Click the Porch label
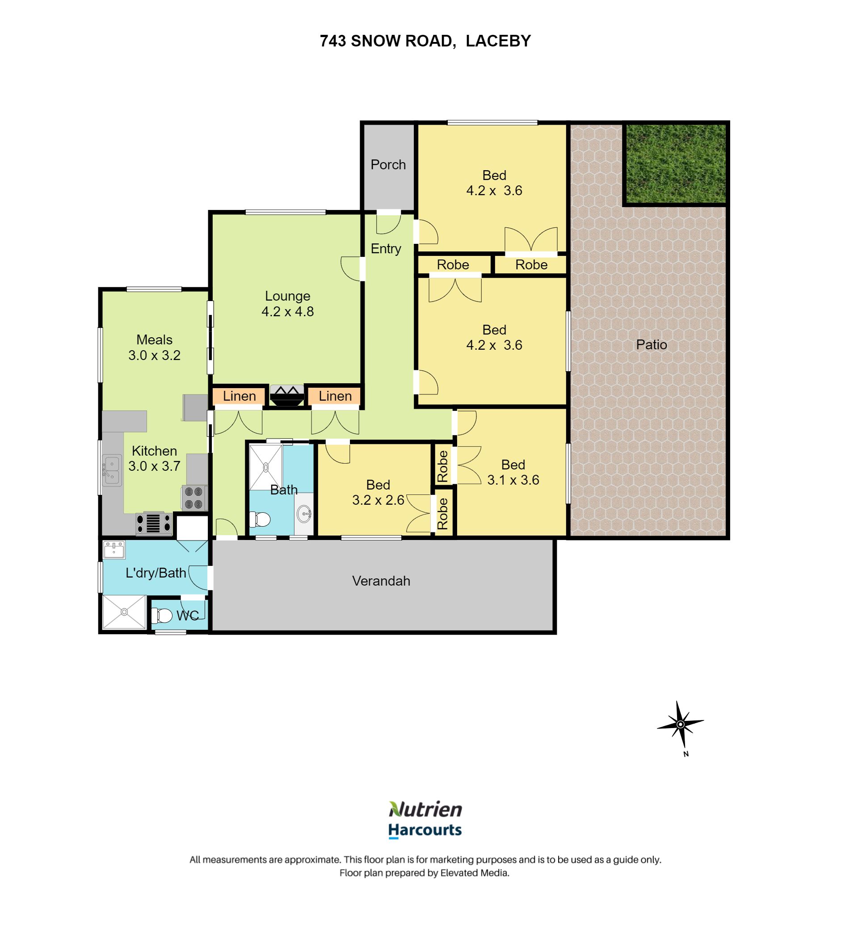click(388, 164)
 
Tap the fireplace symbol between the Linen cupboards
click(286, 395)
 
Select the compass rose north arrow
click(681, 724)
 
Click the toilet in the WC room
click(162, 615)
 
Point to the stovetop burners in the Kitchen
click(193, 498)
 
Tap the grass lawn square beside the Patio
click(675, 163)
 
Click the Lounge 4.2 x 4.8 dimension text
click(287, 312)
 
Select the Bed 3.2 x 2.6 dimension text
click(378, 500)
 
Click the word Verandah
click(381, 581)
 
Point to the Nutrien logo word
click(425, 809)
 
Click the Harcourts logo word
click(425, 830)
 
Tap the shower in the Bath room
click(265, 467)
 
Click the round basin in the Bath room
click(304, 514)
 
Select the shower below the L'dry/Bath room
click(124, 611)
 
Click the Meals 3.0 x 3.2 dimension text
click(154, 355)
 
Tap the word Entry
click(386, 249)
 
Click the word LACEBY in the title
click(498, 41)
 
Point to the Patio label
click(651, 345)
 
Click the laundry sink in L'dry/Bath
click(114, 550)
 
